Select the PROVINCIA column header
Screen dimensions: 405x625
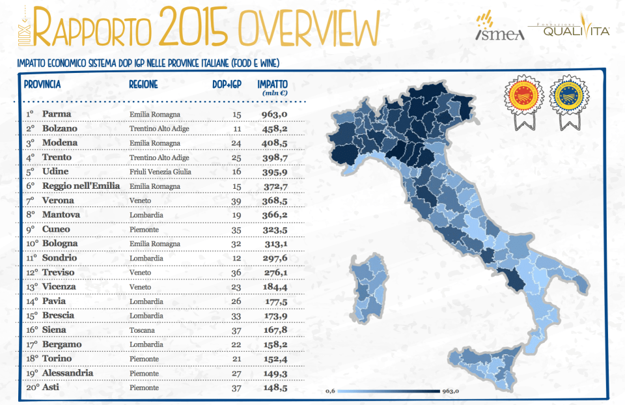click(x=42, y=85)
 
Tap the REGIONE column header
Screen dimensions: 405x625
click(x=143, y=85)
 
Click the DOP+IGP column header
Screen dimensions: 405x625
click(x=227, y=85)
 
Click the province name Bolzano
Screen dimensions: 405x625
click(x=59, y=129)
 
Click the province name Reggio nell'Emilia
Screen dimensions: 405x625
click(x=81, y=186)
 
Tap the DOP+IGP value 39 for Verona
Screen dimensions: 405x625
click(x=236, y=201)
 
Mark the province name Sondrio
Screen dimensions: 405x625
click(x=59, y=258)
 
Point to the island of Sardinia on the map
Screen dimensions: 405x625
click(x=368, y=290)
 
